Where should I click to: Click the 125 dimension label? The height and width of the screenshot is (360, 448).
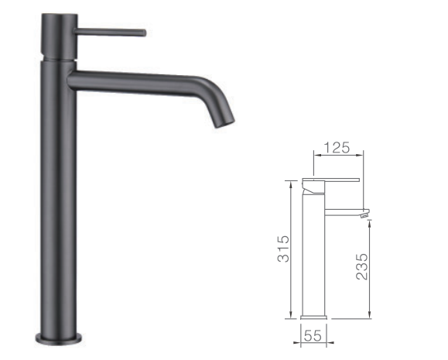337,148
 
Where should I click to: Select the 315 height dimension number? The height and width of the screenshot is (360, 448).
283,249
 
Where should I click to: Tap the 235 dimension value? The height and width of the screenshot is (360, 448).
361,266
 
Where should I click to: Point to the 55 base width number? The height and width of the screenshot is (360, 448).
313,336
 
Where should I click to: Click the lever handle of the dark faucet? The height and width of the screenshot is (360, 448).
110,32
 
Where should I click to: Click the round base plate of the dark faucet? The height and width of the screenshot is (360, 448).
59,338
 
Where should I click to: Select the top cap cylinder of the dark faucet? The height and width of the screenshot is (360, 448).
60,36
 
